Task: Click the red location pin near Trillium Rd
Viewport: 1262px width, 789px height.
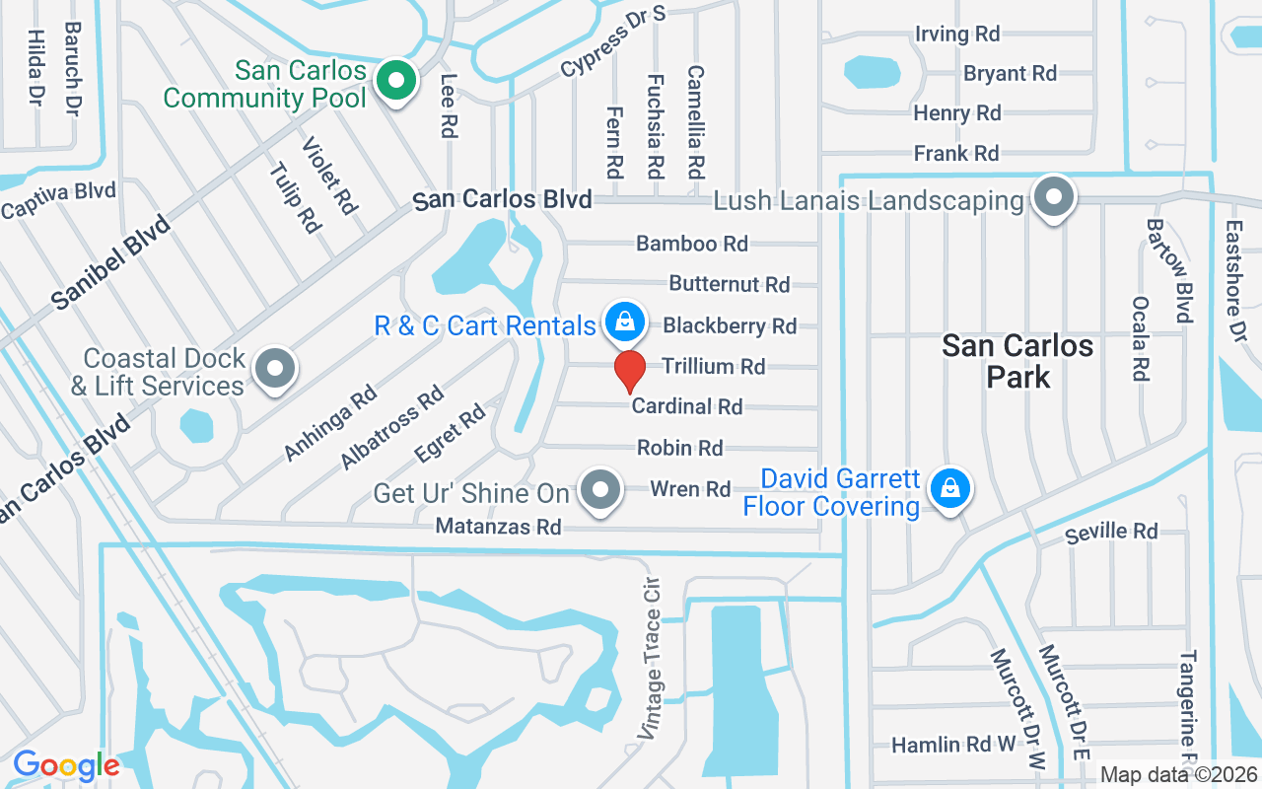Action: (x=630, y=371)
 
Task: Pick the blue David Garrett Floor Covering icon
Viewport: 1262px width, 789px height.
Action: (x=948, y=487)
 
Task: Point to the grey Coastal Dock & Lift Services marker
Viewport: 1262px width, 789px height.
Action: (x=276, y=370)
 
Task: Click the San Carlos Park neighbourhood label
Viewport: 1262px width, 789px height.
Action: (x=1017, y=360)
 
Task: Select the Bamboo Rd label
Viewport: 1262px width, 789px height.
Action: (x=692, y=243)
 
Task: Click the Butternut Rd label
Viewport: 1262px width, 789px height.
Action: (x=730, y=284)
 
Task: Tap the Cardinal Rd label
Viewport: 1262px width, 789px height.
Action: (x=687, y=406)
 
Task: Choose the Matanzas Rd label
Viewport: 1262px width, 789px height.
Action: (x=499, y=528)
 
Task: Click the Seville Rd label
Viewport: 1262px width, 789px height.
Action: (x=1112, y=533)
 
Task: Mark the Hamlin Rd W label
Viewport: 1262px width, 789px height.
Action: (x=952, y=745)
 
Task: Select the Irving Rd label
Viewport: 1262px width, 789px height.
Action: (x=957, y=35)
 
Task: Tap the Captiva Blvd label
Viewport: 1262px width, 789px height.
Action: (x=59, y=199)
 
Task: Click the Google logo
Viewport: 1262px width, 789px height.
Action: (x=66, y=764)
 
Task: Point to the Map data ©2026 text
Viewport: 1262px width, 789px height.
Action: (x=1179, y=775)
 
